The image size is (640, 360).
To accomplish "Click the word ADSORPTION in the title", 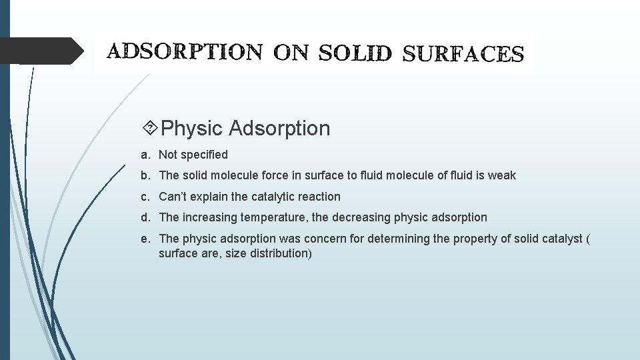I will pos(185,52).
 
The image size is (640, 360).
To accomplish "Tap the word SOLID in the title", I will pos(355,53).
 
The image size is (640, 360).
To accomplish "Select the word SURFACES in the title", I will pos(463,53).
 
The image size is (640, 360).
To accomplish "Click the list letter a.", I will pos(145,155).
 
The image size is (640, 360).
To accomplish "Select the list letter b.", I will pos(145,175).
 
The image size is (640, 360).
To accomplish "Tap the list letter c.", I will pos(145,197).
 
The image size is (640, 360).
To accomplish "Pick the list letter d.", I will pos(145,217).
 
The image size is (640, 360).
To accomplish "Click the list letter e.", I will pos(145,238).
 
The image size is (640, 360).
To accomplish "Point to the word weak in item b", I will pos(501,175).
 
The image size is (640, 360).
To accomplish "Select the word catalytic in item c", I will pos(274,197).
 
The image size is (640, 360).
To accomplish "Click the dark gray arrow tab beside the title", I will pos(41,51).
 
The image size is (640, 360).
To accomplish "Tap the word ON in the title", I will pos(290,53).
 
